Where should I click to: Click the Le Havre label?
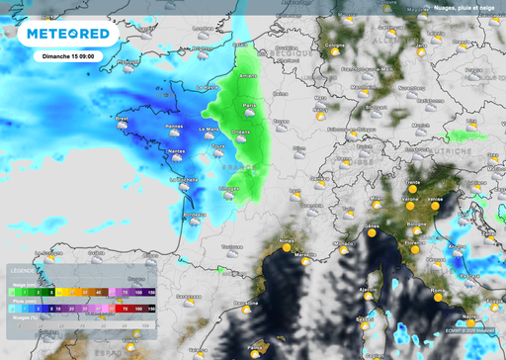click(x=208, y=87)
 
